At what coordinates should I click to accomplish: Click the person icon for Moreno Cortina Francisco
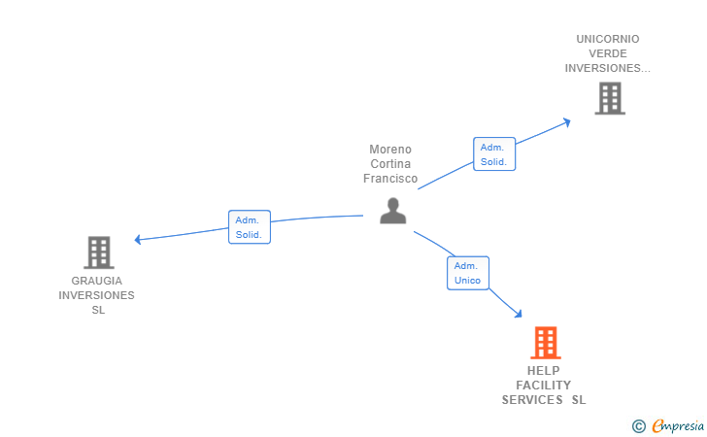[393, 211]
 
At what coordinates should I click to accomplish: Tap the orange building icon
[546, 343]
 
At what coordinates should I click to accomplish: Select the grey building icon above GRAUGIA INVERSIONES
[99, 252]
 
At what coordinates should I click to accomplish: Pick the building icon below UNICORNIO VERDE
[610, 98]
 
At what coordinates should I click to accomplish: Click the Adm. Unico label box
[468, 273]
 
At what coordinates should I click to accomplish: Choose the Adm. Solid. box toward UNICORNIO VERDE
[494, 153]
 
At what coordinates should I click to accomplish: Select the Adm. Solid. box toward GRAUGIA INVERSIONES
[250, 227]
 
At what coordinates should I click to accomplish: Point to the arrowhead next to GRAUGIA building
[138, 240]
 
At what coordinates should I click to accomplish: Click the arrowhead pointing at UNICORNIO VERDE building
[567, 122]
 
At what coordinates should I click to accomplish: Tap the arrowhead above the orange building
[518, 314]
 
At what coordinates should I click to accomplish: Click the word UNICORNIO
[608, 39]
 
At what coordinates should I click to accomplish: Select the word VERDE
[608, 53]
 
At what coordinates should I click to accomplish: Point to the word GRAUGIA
[96, 281]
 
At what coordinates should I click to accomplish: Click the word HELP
[543, 371]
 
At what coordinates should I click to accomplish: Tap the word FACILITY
[543, 386]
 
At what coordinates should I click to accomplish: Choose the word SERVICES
[532, 400]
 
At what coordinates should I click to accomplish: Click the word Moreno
[390, 150]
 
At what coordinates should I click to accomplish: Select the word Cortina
[390, 164]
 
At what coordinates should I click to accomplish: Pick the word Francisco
[390, 179]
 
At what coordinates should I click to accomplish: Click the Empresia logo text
[678, 425]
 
